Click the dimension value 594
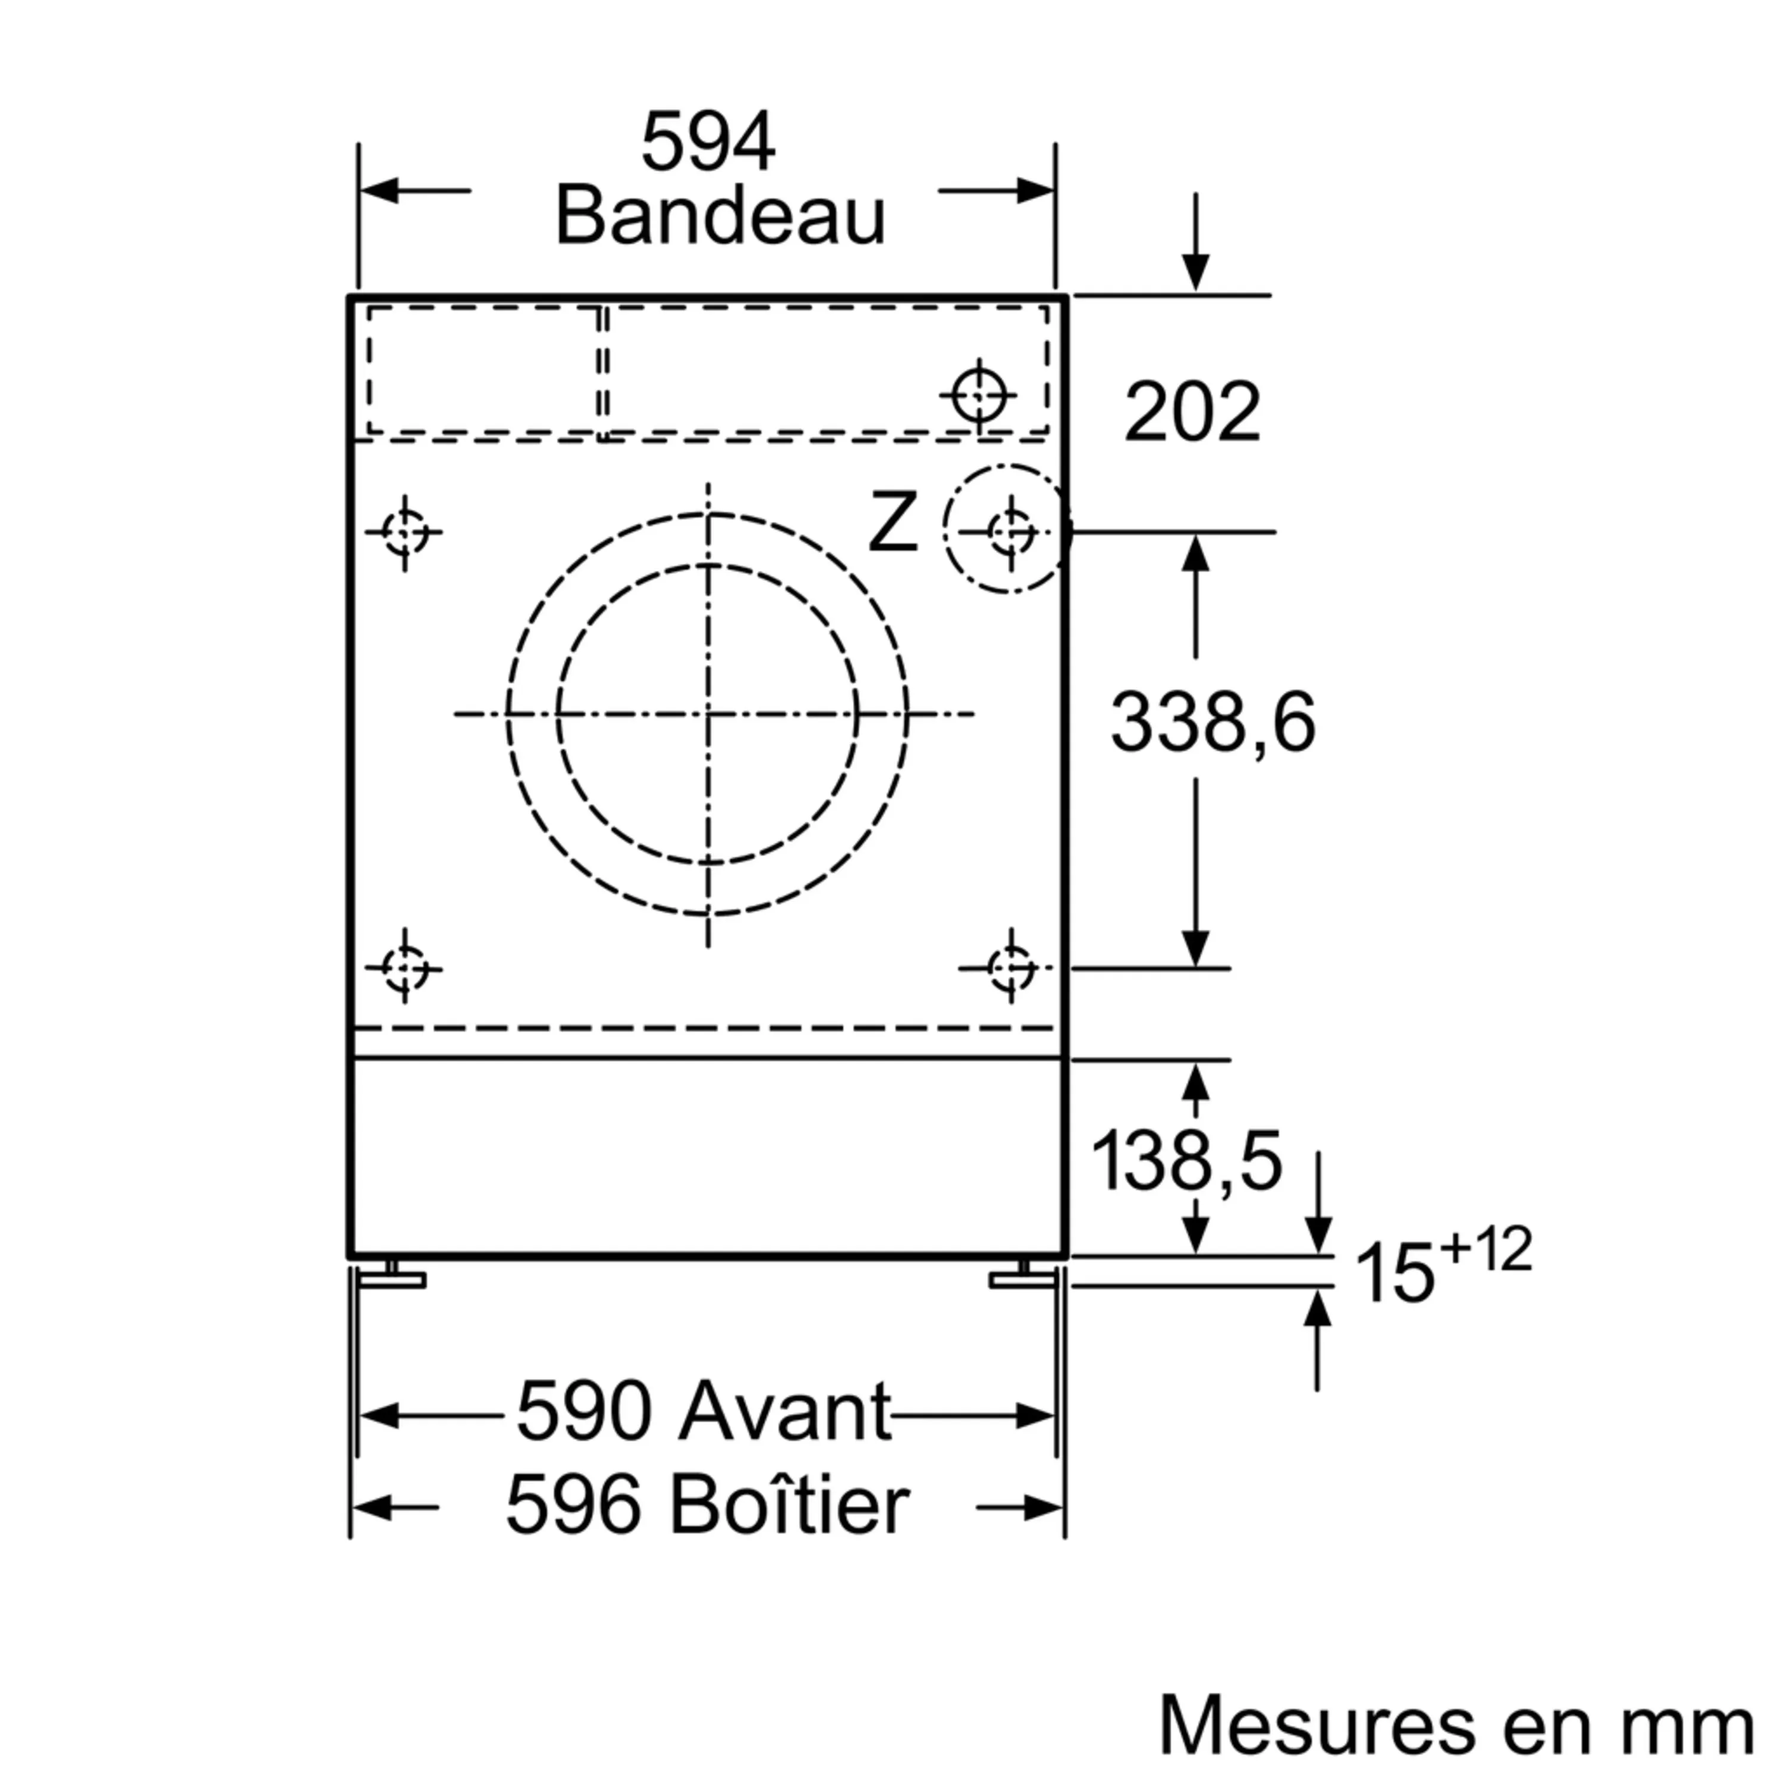pyautogui.click(x=708, y=142)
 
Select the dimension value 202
pyautogui.click(x=1192, y=412)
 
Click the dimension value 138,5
pyautogui.click(x=1186, y=1161)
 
